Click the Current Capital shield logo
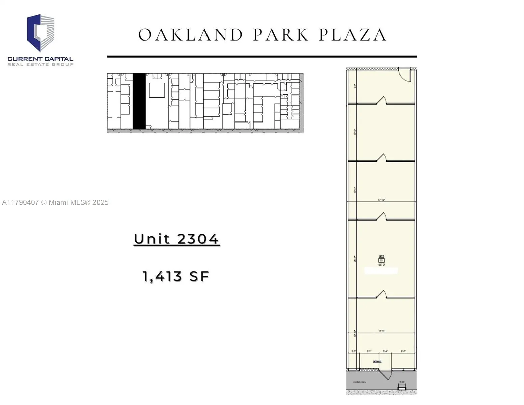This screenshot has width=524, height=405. click(x=40, y=33)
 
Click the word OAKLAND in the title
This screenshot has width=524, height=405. click(x=190, y=35)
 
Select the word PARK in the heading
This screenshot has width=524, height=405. click(x=281, y=35)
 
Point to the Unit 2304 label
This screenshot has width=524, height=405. click(x=176, y=239)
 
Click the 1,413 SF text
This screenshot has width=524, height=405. click(x=176, y=276)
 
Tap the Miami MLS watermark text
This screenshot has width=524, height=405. click(x=55, y=202)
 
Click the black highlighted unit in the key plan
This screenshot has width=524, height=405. click(x=139, y=101)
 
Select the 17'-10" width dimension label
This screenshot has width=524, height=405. click(x=381, y=200)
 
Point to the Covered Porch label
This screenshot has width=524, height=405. click(x=359, y=382)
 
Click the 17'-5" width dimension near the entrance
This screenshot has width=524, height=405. click(x=381, y=331)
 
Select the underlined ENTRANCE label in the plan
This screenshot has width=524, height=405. click(x=377, y=361)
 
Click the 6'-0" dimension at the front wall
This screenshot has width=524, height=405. click(x=403, y=351)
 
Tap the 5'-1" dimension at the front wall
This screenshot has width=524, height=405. click(x=369, y=351)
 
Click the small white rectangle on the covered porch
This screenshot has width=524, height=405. click(x=402, y=388)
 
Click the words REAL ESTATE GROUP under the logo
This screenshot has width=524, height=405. click(x=40, y=64)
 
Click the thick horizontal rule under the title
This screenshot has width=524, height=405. click(x=262, y=57)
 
